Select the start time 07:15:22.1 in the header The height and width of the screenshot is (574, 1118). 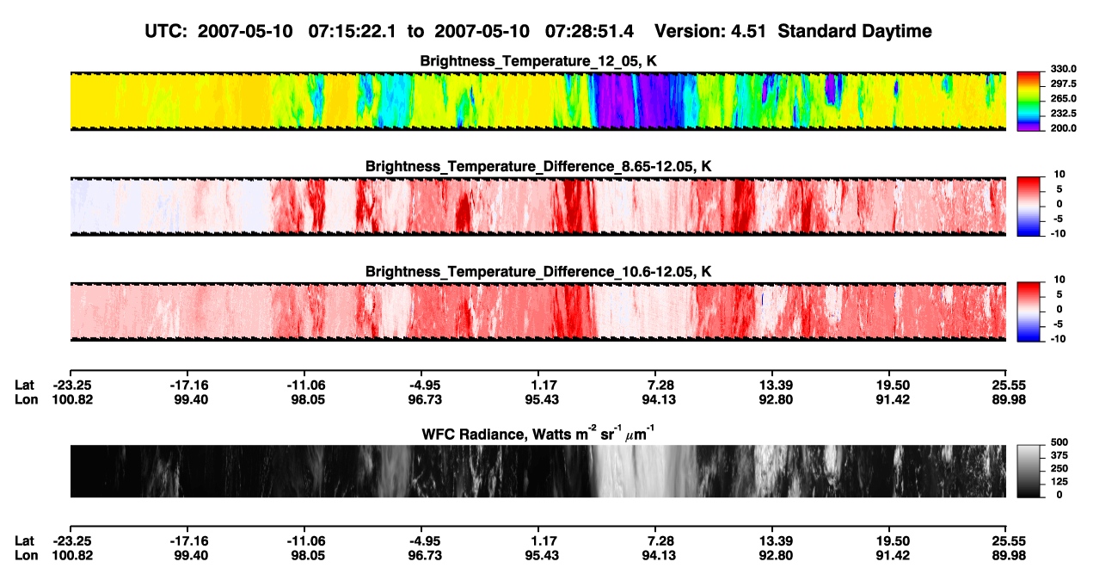coord(352,31)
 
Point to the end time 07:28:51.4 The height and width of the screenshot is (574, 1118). coord(589,31)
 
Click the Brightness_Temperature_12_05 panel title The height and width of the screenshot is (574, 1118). coord(538,61)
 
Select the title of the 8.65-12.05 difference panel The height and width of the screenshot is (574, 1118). coord(538,166)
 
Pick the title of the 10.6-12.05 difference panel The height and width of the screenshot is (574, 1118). coord(538,271)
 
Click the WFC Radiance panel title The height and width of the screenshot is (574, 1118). coord(537,433)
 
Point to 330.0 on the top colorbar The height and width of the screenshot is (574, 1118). coord(1063,69)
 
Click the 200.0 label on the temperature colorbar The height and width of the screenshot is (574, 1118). coord(1063,128)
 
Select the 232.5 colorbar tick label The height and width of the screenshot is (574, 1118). coord(1063,114)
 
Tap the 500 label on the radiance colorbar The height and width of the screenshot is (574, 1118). coord(1059,442)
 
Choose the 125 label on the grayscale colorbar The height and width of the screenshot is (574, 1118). coord(1059,482)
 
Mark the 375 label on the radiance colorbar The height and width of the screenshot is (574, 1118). coord(1059,455)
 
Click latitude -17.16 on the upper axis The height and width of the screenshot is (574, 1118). coord(188,386)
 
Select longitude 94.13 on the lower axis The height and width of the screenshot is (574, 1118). coord(659,556)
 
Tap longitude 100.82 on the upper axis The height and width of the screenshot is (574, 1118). coord(72,399)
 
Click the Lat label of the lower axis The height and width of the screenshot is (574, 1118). coord(24,541)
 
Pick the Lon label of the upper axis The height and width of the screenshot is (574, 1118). coord(26,399)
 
